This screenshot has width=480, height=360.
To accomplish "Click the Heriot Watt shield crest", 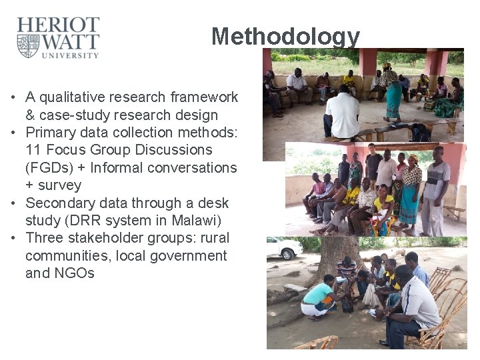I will click(x=28, y=46).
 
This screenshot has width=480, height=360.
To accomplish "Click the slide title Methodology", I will click(x=285, y=36).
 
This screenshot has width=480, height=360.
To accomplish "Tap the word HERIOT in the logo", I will click(x=58, y=26).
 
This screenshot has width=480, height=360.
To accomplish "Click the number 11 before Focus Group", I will click(x=33, y=150).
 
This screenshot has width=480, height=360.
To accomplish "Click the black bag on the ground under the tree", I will click(x=347, y=305).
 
